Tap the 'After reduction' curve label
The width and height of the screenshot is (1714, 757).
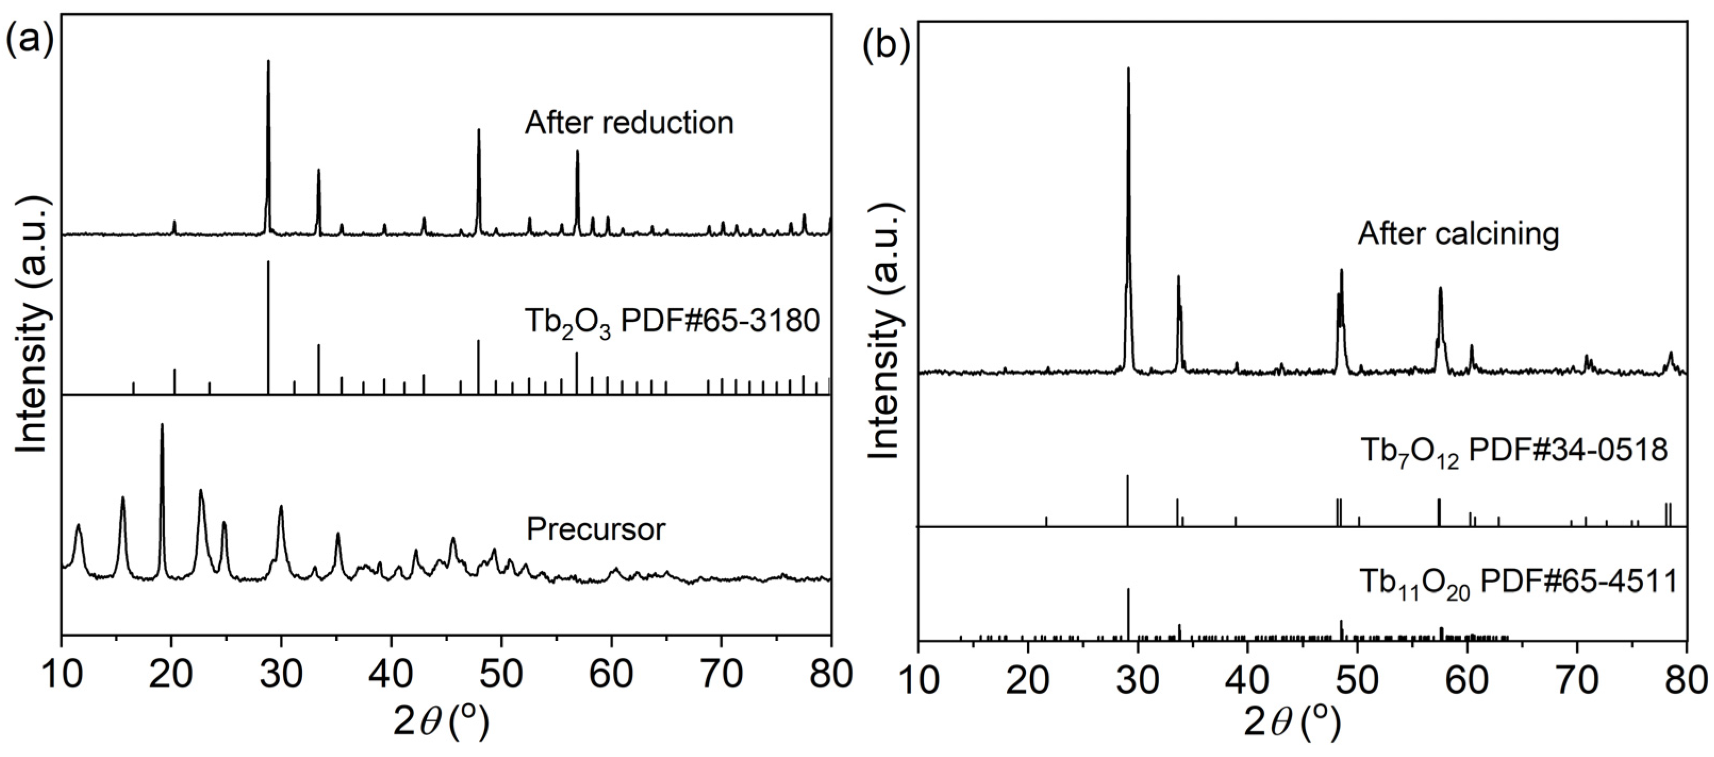(629, 123)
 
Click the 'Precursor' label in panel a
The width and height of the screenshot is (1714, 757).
(595, 529)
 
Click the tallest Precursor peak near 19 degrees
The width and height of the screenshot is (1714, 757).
(162, 426)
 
